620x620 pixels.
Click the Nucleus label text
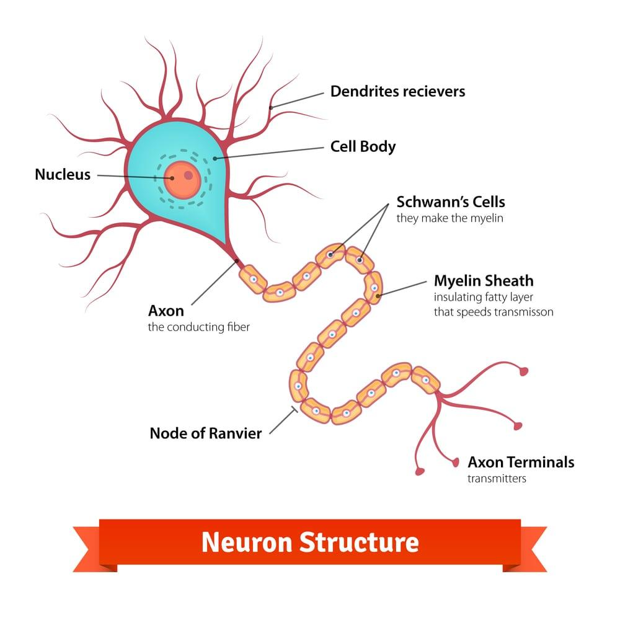63,175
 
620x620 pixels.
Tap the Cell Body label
363,147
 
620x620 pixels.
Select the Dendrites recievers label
397,92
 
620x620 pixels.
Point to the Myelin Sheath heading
484,281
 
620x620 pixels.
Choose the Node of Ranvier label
206,433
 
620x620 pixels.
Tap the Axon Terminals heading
521,463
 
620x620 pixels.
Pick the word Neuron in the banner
246,542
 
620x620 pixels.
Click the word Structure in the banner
360,542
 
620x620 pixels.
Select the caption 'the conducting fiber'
198,327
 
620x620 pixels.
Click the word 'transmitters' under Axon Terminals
497,479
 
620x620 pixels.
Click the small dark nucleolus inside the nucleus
188,175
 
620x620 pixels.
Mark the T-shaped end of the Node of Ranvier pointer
294,409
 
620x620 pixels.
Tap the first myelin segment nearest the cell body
253,280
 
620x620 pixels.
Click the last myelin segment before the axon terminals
426,379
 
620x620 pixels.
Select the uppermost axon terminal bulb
525,372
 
